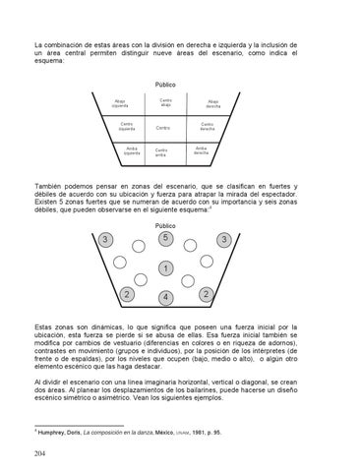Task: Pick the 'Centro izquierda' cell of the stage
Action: (127, 127)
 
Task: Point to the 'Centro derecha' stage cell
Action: (207, 127)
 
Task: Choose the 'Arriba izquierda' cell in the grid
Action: (133, 150)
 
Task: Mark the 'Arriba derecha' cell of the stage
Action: (201, 150)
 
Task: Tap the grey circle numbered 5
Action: (166, 238)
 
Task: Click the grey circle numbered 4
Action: (166, 297)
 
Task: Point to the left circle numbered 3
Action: (105, 241)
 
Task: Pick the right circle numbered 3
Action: (225, 241)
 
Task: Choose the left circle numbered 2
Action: (127, 295)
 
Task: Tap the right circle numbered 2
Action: (205, 295)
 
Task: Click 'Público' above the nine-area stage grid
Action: (166, 85)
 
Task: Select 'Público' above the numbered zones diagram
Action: (166, 225)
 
